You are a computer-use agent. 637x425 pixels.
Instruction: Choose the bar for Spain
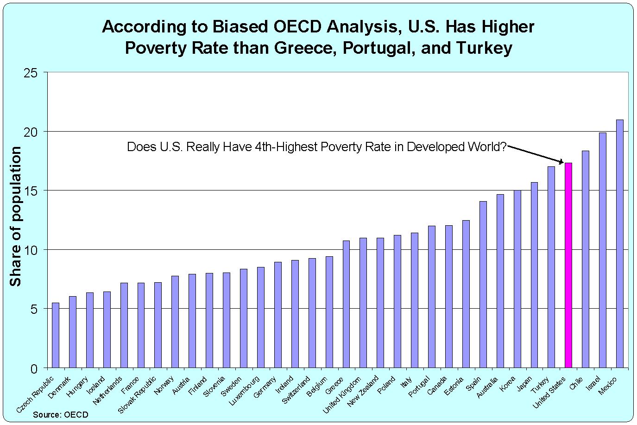click(483, 285)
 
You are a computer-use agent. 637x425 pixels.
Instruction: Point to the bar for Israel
click(602, 250)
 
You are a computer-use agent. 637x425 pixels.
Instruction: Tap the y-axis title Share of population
click(16, 216)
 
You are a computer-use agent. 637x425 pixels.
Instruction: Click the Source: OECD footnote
click(60, 415)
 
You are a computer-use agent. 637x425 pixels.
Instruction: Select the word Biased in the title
click(240, 27)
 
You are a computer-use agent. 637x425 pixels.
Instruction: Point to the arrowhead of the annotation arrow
click(562, 162)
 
